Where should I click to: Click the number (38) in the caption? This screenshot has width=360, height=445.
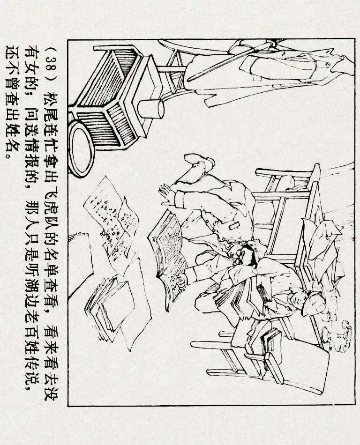pyautogui.click(x=52, y=54)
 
